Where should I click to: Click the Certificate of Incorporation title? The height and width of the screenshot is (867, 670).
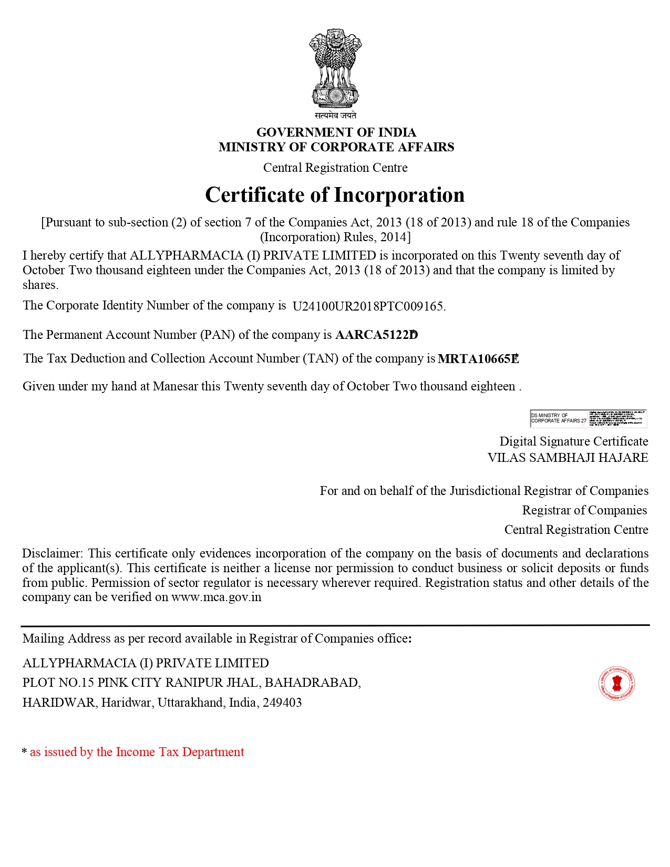335,195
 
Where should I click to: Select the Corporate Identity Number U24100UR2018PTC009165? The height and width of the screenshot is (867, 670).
368,306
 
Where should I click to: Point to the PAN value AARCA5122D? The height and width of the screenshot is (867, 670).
376,335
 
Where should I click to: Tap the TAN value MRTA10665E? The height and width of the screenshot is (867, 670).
478,359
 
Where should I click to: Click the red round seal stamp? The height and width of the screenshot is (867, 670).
616,684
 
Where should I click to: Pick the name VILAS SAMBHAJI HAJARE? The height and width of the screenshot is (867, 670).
568,458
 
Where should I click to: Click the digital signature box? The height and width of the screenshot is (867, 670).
588,418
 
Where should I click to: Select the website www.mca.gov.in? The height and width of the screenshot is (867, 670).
216,597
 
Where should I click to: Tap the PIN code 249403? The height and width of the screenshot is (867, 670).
282,703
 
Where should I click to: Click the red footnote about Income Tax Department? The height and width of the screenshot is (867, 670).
137,752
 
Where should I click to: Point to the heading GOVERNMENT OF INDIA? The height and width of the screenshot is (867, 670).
336,132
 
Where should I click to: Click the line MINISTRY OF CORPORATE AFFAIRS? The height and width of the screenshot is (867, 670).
336,147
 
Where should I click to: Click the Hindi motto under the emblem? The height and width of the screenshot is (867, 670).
335,115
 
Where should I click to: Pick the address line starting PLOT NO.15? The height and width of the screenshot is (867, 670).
191,683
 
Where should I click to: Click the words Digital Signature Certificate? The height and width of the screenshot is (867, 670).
573,441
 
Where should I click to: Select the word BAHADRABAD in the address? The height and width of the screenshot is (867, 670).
312,683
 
